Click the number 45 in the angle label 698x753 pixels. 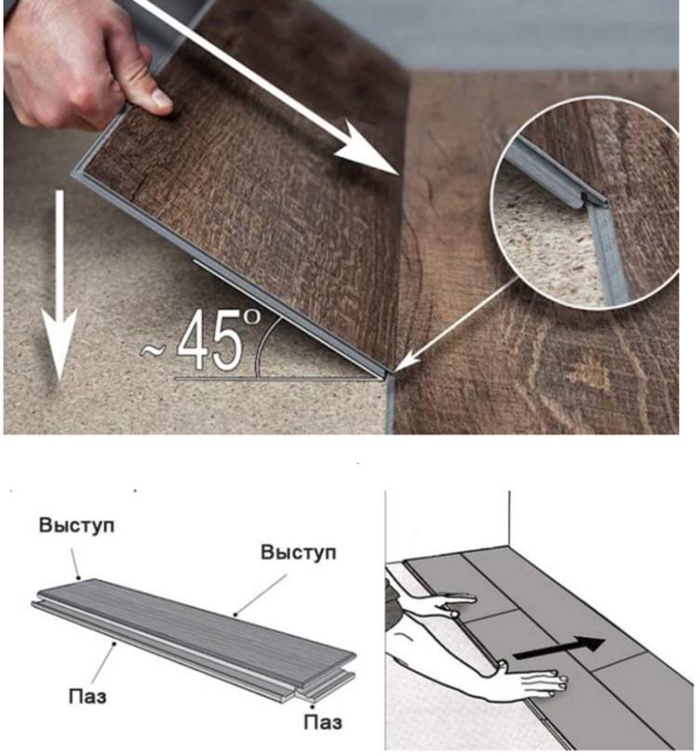209,340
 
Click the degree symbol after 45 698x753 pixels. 251,317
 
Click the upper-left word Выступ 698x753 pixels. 77,525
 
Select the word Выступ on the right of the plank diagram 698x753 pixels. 299,552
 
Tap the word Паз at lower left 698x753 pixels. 87,695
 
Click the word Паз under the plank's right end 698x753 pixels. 323,721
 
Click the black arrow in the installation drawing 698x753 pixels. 558,647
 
